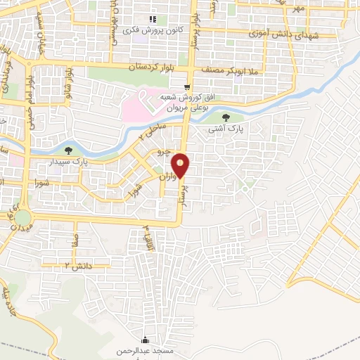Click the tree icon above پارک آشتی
coord(226,117)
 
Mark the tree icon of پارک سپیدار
coord(68,150)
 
